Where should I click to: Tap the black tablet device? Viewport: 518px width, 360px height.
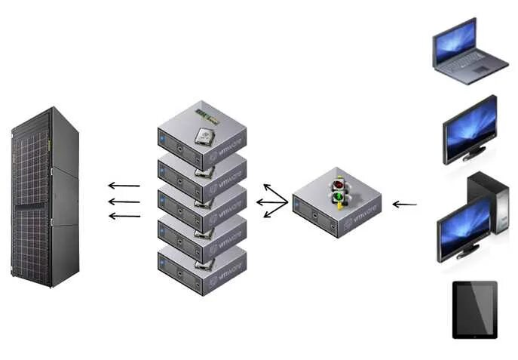pos(474,309)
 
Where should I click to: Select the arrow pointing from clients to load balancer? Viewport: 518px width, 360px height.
pos(405,204)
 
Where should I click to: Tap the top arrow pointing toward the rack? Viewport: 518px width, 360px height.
pos(124,185)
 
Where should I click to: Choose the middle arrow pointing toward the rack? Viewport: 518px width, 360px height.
pos(124,202)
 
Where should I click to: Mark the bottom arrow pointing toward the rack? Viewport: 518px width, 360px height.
pos(124,216)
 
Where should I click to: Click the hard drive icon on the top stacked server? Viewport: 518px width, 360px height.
pos(204,135)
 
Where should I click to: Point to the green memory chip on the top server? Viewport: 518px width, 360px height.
pos(207,115)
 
